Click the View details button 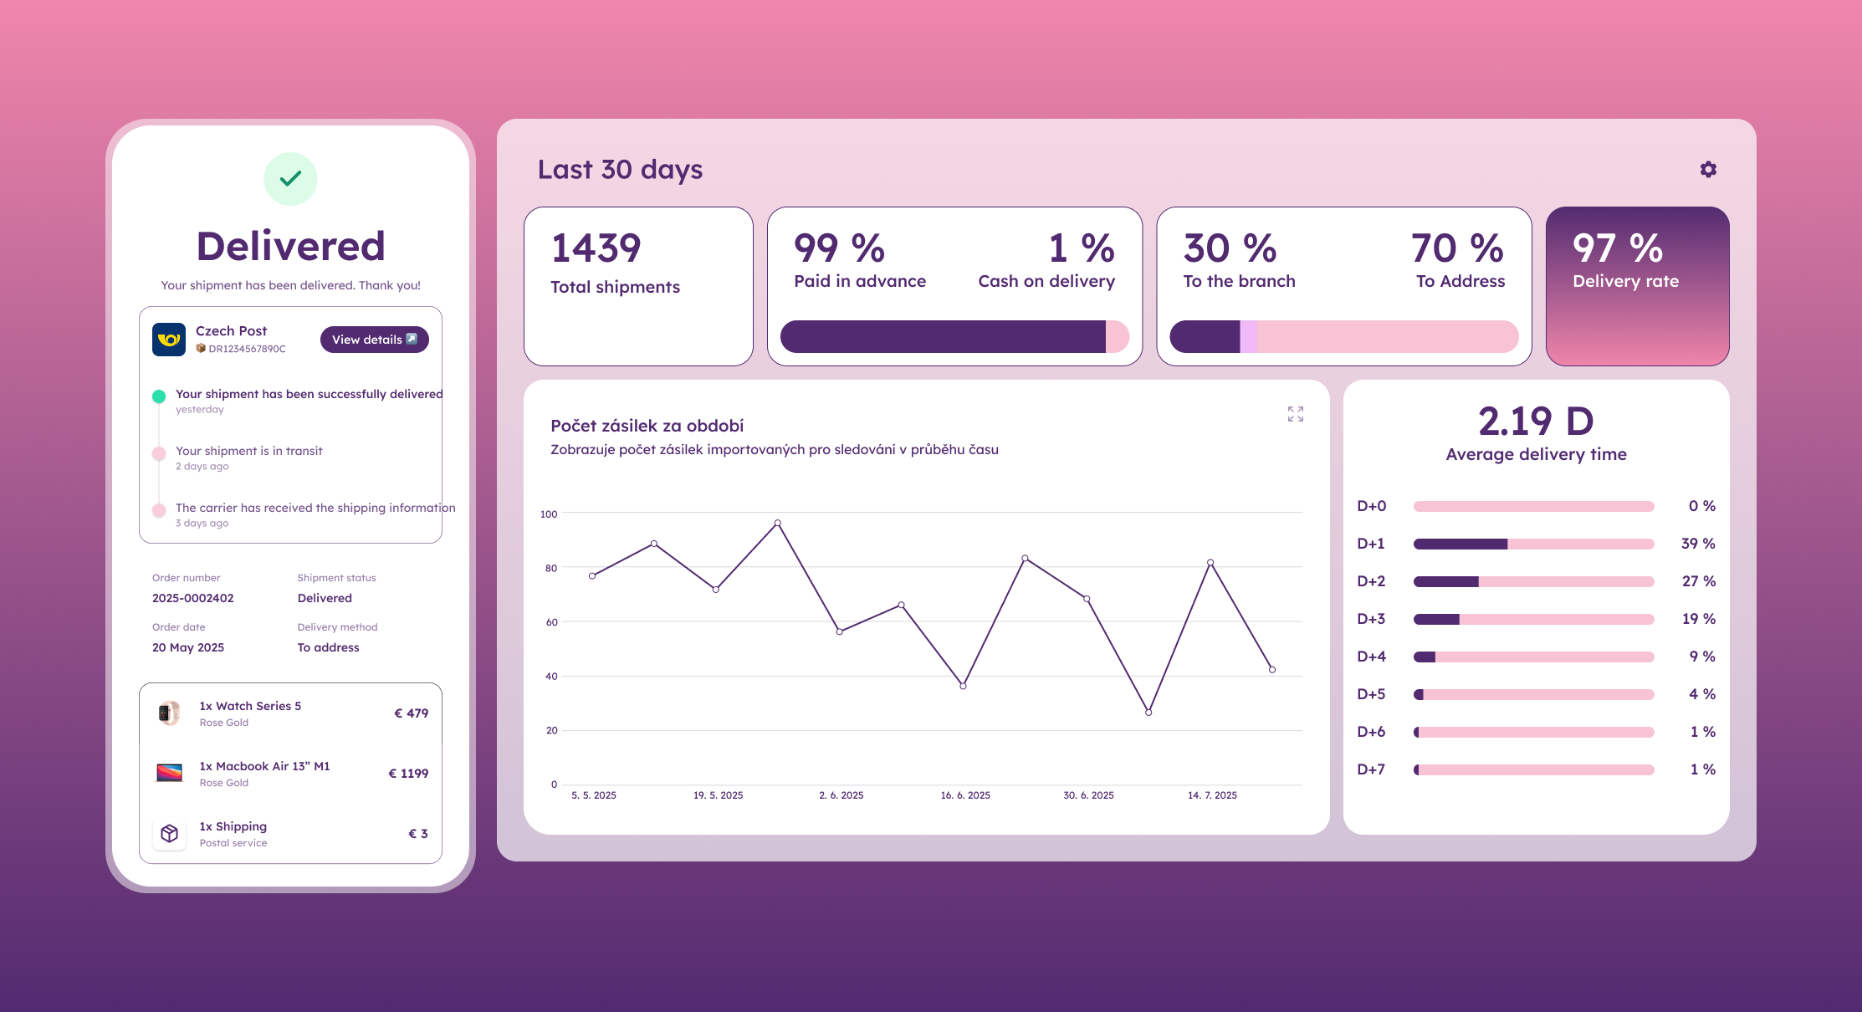(x=374, y=340)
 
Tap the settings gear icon (x=1708, y=170)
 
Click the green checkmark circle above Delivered (x=290, y=179)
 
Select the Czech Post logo (x=169, y=340)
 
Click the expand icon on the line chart (x=1295, y=414)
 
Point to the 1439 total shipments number (x=596, y=248)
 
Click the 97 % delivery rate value (x=1617, y=248)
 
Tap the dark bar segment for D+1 (x=1460, y=544)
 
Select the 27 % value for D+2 (x=1698, y=581)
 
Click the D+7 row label (x=1371, y=769)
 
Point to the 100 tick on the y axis (x=549, y=514)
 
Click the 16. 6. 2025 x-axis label (x=965, y=795)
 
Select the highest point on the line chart (x=777, y=524)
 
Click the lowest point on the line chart (x=1148, y=713)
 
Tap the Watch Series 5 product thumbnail (x=169, y=713)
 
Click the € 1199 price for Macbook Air (x=408, y=774)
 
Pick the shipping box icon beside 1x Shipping (x=169, y=834)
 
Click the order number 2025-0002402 (x=193, y=598)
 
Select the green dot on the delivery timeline (x=159, y=396)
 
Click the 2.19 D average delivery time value (x=1536, y=422)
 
